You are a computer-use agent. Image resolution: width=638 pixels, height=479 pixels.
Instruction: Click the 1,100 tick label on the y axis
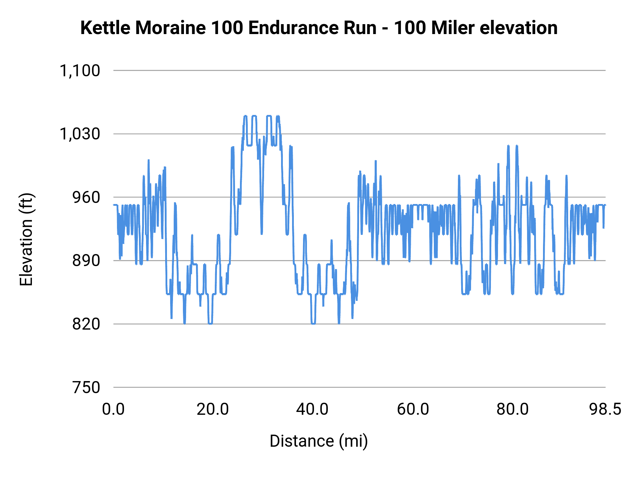[x=80, y=71]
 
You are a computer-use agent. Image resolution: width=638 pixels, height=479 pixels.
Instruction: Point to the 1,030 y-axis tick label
[x=80, y=134]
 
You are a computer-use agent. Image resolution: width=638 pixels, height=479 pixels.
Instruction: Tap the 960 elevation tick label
[x=86, y=197]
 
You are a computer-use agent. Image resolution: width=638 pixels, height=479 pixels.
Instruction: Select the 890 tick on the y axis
[x=86, y=261]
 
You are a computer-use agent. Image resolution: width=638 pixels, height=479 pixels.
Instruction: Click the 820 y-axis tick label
[x=86, y=324]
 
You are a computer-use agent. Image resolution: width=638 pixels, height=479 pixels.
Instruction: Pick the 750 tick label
[x=86, y=387]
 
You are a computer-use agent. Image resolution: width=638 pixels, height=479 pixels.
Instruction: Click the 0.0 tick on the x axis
[x=113, y=409]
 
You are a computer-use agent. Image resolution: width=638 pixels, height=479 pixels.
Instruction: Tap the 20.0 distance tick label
[x=213, y=409]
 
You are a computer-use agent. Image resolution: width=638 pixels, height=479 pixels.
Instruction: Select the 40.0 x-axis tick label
[x=312, y=409]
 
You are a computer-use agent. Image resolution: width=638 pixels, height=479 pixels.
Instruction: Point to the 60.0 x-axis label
[x=413, y=409]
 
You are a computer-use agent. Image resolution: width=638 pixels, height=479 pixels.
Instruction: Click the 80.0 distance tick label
[x=513, y=409]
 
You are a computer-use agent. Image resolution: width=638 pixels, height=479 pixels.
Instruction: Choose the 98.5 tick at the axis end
[x=605, y=409]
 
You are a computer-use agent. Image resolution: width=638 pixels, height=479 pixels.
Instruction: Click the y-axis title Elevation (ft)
[x=26, y=239]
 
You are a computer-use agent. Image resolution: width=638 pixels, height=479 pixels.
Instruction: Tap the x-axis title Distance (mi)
[x=319, y=441]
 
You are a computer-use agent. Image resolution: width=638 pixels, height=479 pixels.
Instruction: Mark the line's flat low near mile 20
[x=210, y=323]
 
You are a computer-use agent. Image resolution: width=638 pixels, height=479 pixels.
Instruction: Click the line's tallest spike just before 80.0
[x=508, y=146]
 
